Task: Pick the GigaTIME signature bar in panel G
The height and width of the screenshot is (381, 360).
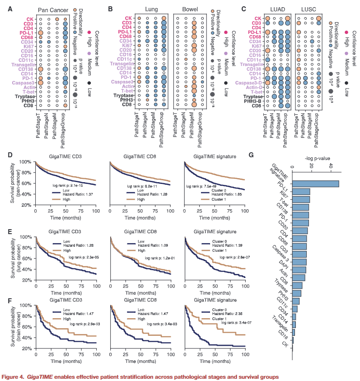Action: pyautogui.click(x=316, y=183)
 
